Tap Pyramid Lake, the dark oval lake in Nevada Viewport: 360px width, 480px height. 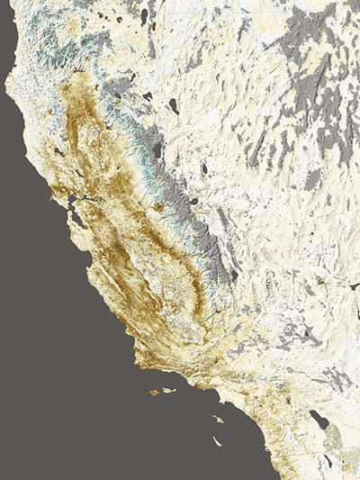[173, 105]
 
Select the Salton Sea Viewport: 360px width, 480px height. [319, 419]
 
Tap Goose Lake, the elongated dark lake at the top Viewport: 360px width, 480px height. [144, 15]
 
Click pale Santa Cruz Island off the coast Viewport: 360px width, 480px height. [168, 391]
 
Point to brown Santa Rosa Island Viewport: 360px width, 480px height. [155, 392]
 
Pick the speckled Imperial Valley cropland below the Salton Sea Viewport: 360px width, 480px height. [333, 441]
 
